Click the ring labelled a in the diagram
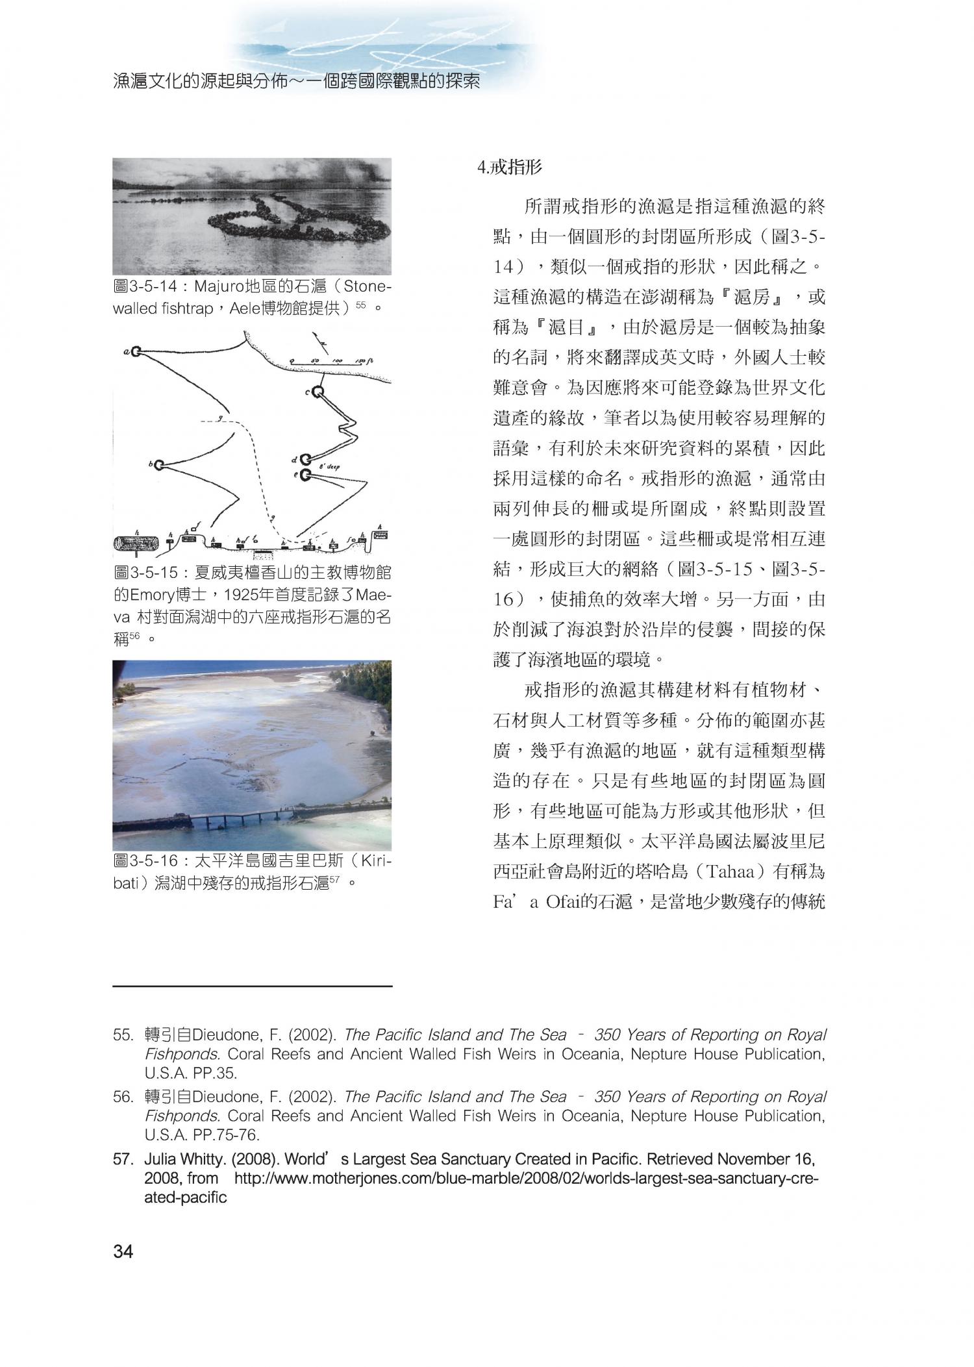(136, 352)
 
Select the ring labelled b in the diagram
(158, 464)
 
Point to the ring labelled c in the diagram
(318, 392)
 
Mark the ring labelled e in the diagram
(305, 475)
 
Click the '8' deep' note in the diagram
(330, 467)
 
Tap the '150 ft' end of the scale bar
(365, 360)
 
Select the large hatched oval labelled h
(136, 543)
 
